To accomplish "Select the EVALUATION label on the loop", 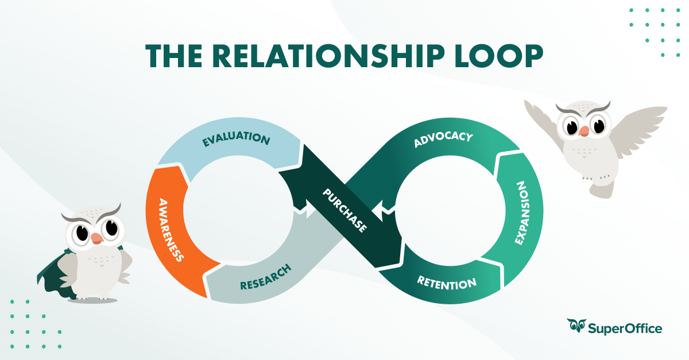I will coord(235,140).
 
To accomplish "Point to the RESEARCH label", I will coord(265,276).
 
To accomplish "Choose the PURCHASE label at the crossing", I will coord(344,210).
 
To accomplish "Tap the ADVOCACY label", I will coord(443,140).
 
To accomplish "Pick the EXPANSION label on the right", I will coord(521,213).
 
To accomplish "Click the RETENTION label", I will coord(447,282).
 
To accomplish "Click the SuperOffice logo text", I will coord(625,328).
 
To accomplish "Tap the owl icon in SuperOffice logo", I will coord(575,326).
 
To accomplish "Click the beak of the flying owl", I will coord(583,131).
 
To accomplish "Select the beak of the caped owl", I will coord(96,237).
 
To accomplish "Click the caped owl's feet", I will coord(91,297).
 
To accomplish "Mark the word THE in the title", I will coord(172,56).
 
